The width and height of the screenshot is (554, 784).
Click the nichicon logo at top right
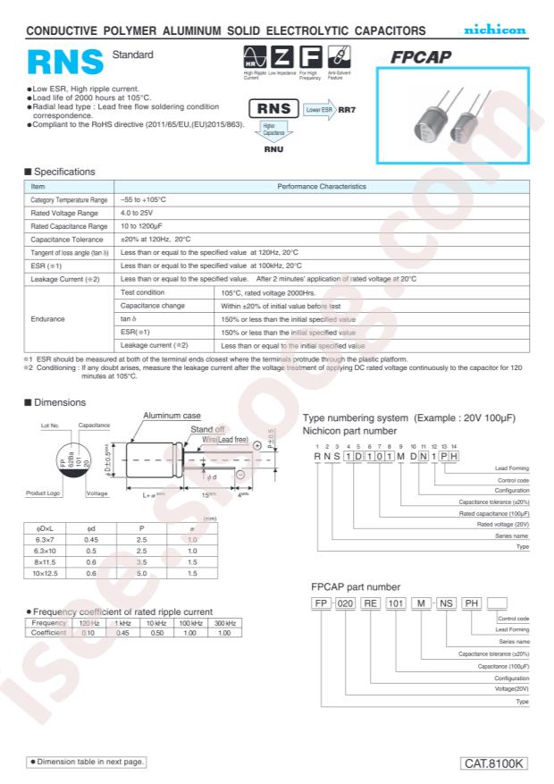(x=494, y=31)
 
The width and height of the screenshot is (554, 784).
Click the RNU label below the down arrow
(x=273, y=149)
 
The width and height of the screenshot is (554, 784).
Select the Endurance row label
(x=47, y=319)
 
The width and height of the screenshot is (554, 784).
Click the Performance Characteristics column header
(x=322, y=187)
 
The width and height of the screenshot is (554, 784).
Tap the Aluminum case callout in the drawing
(x=172, y=416)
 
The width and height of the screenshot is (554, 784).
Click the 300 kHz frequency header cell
(x=224, y=622)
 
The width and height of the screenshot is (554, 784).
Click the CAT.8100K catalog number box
(x=496, y=763)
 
